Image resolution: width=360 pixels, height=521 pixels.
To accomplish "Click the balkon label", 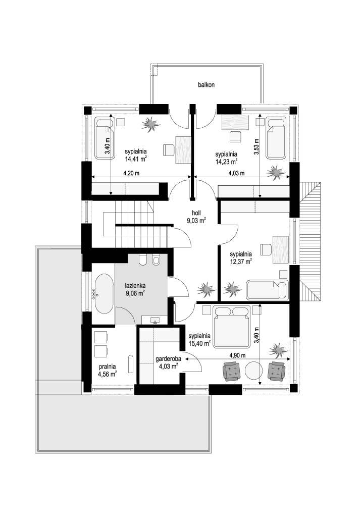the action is click(206, 85).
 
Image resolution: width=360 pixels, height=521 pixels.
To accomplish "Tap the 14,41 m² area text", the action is click(136, 159).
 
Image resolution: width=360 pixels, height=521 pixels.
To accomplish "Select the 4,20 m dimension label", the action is click(131, 173).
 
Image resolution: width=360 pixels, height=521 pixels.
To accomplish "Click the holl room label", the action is click(196, 214).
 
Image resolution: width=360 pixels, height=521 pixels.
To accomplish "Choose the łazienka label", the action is click(135, 286).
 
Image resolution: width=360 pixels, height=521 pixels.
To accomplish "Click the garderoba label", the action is click(168, 359).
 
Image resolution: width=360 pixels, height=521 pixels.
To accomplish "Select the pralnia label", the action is click(108, 367).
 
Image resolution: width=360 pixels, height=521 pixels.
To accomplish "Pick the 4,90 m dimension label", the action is click(237, 355).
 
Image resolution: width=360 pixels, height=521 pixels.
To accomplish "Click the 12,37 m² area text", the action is click(241, 262).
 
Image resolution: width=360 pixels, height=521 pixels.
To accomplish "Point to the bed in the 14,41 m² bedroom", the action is click(104, 138).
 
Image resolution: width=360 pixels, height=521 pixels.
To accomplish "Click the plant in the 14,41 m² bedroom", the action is click(150, 124).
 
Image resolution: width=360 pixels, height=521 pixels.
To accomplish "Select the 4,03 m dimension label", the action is click(236, 173).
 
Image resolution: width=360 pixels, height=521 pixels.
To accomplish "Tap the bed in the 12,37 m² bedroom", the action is click(267, 290).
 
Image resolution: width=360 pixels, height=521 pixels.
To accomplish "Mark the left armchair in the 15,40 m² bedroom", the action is click(232, 371).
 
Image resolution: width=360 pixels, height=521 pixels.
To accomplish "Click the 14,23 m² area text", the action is click(226, 162).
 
